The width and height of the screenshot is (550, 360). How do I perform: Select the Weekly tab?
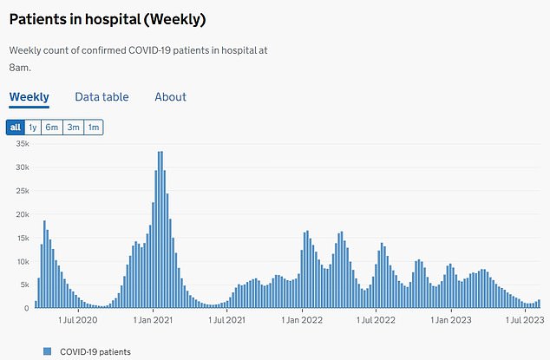(29, 97)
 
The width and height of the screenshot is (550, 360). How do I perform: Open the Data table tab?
(102, 97)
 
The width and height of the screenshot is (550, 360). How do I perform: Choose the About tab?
(170, 97)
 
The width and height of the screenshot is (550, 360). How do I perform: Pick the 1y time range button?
(33, 128)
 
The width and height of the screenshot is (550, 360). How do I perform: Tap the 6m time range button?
(53, 128)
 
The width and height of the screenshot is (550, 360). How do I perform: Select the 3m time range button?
(73, 128)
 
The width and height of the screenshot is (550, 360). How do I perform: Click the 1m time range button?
(93, 128)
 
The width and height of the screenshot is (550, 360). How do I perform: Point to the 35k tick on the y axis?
(20, 145)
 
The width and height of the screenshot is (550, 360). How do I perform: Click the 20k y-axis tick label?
(20, 215)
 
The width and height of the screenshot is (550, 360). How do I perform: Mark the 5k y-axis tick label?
(23, 285)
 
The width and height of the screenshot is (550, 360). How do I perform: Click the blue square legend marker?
(47, 351)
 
